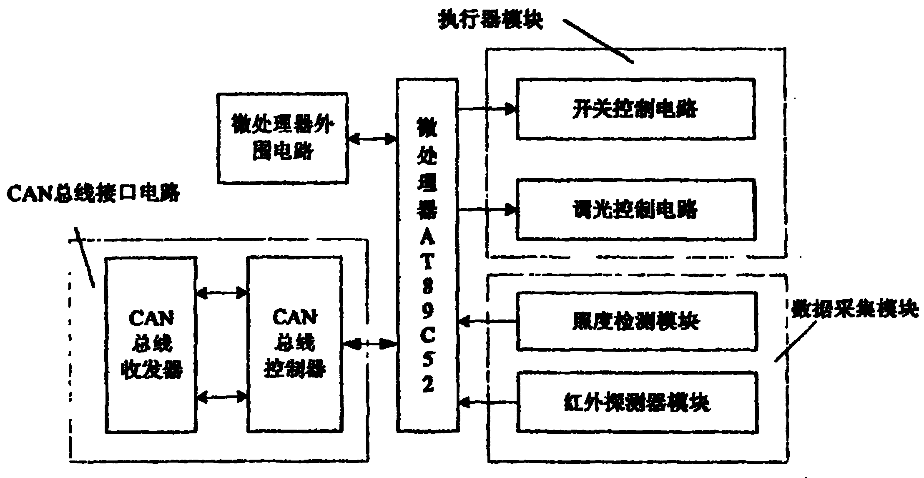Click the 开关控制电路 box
click(x=635, y=108)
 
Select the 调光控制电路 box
click(x=635, y=209)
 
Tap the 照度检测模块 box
click(x=636, y=321)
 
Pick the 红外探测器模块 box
click(x=636, y=403)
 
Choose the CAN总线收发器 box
click(x=151, y=345)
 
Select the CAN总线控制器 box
click(x=294, y=345)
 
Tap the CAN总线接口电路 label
click(x=93, y=194)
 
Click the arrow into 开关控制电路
click(x=487, y=109)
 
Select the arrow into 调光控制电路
click(x=487, y=209)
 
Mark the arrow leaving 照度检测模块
click(x=487, y=322)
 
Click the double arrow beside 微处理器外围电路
click(x=372, y=138)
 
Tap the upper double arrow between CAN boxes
click(x=221, y=293)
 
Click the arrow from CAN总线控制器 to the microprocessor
click(x=369, y=344)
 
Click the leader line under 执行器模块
click(x=598, y=41)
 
